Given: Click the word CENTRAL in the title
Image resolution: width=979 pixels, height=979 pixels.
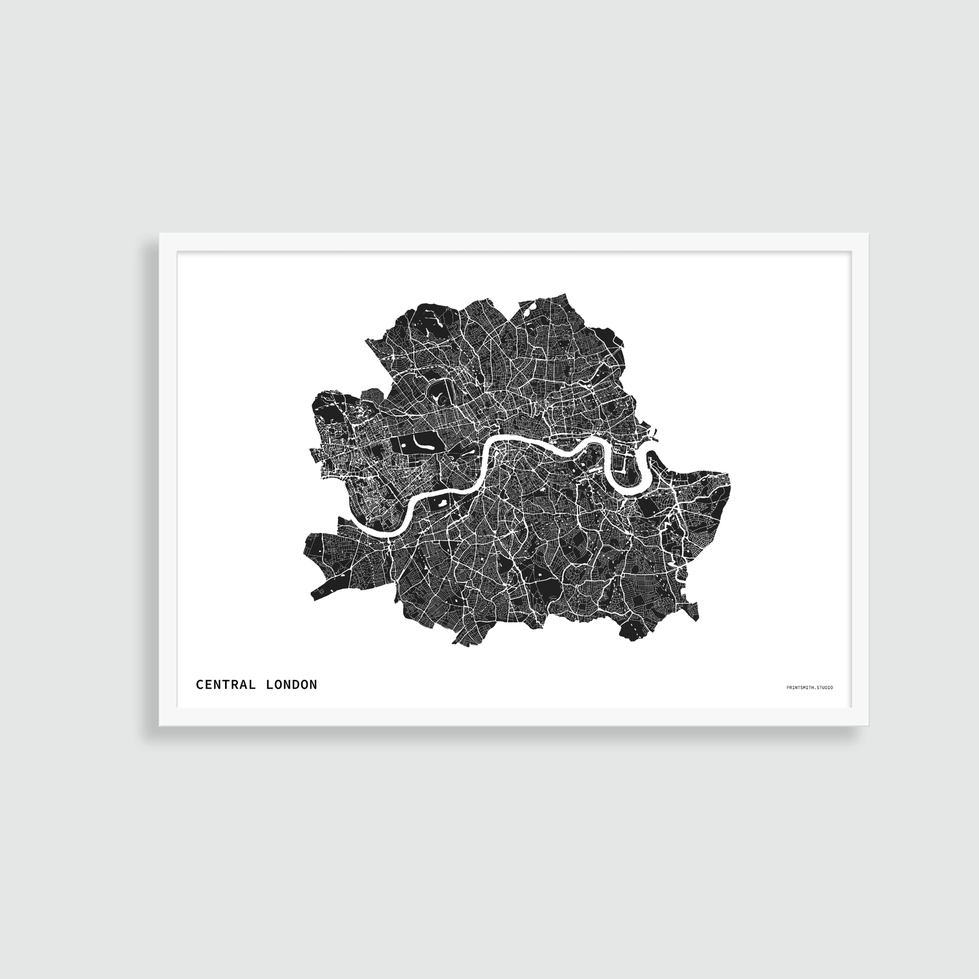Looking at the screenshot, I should coord(226,685).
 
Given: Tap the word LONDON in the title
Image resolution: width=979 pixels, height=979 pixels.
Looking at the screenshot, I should coord(291,685).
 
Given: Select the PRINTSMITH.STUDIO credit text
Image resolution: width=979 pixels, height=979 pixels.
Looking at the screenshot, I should coord(809,687).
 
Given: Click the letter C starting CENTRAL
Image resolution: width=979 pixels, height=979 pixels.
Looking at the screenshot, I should coord(200,685).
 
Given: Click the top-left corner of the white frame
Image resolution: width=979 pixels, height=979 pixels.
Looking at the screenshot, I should coord(160,234).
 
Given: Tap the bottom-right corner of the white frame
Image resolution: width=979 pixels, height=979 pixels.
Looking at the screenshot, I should coord(869,725).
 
